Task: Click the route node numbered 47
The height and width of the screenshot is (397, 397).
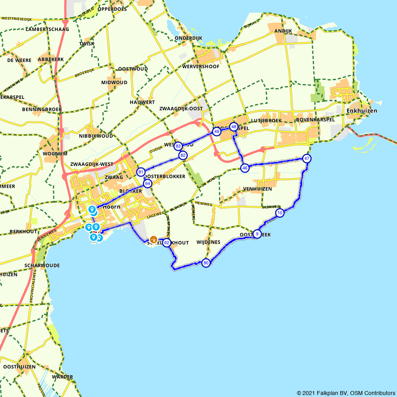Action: (306, 158)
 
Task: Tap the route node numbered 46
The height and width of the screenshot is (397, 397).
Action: (245, 168)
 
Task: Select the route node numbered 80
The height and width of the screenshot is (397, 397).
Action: (206, 263)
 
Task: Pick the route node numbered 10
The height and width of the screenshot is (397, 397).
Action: (280, 213)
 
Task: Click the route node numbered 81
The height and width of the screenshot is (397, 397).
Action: (141, 172)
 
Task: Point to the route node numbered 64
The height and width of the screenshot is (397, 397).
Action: (148, 183)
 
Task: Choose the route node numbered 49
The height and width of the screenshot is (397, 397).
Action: (216, 131)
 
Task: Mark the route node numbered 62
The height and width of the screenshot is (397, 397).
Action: (167, 243)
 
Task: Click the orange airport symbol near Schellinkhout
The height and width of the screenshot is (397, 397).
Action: (153, 240)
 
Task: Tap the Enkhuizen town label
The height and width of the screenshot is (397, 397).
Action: (362, 111)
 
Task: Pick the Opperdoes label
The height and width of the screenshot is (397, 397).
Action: (112, 9)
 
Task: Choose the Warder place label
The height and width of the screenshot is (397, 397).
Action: (62, 377)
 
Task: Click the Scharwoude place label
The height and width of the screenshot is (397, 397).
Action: (42, 265)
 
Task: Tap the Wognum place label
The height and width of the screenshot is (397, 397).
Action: (55, 154)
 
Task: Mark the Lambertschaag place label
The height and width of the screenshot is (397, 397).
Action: (47, 29)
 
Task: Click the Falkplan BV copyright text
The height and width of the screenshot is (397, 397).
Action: (346, 393)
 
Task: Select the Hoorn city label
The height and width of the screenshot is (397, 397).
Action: (111, 207)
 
